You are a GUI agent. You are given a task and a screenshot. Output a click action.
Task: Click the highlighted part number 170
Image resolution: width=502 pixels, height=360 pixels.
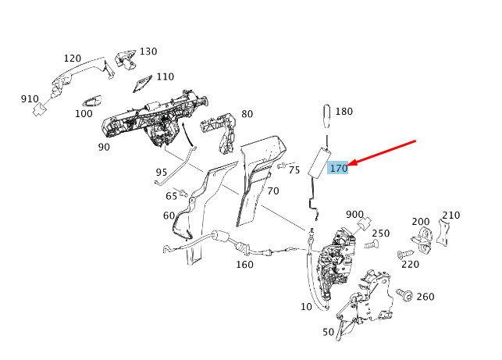pyautogui.click(x=338, y=168)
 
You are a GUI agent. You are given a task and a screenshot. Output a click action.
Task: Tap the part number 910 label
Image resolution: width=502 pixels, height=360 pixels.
pyautogui.click(x=30, y=99)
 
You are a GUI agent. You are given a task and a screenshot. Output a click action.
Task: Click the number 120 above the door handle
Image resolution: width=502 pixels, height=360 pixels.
pyautogui.click(x=72, y=59)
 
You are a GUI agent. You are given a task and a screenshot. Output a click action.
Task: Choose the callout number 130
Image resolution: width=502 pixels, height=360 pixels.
pyautogui.click(x=148, y=52)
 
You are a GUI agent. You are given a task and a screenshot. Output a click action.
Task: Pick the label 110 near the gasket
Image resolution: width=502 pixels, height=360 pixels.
pyautogui.click(x=165, y=77)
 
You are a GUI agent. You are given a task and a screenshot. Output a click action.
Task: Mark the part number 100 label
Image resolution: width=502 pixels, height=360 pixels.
pyautogui.click(x=84, y=114)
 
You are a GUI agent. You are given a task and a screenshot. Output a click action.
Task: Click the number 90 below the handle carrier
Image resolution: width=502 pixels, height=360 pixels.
pyautogui.click(x=104, y=147)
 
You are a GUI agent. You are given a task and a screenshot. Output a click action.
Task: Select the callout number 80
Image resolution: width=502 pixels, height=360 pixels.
pyautogui.click(x=247, y=114)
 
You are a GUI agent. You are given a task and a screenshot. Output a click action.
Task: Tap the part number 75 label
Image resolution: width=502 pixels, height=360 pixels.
pyautogui.click(x=294, y=169)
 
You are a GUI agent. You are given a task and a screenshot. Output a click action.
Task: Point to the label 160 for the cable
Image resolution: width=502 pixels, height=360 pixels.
pyautogui.click(x=244, y=264)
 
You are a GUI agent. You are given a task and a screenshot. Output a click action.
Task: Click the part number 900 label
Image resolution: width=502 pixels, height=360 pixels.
pyautogui.click(x=354, y=214)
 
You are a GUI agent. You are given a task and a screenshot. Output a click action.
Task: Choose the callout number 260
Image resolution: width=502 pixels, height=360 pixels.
pyautogui.click(x=425, y=296)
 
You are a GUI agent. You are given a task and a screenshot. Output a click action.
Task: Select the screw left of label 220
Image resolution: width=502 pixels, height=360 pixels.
pyautogui.click(x=404, y=255)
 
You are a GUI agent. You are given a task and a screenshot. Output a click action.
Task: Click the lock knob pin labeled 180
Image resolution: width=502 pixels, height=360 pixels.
pyautogui.click(x=327, y=121)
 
